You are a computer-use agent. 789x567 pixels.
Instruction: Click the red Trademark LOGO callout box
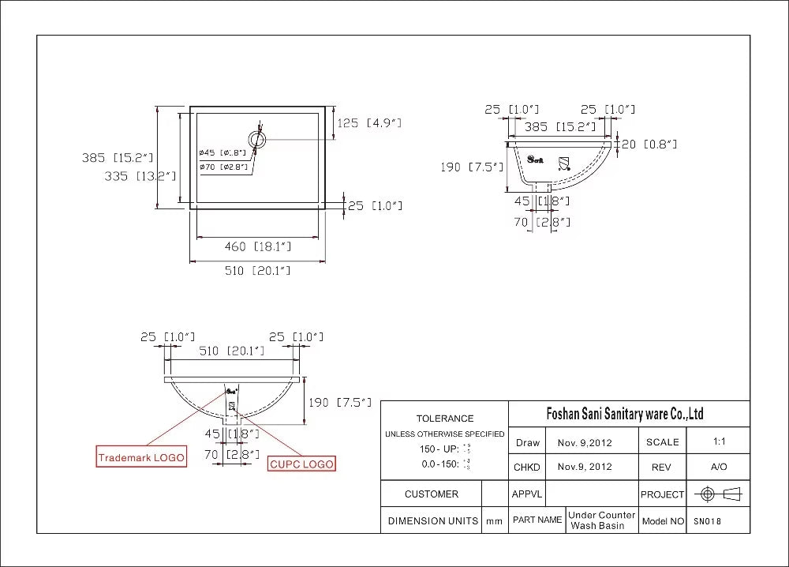tap(141, 457)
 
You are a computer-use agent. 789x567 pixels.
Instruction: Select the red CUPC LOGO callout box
tap(301, 464)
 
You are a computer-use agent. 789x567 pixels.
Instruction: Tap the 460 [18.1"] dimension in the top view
tap(258, 246)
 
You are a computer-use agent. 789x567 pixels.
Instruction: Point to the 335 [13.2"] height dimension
tap(140, 176)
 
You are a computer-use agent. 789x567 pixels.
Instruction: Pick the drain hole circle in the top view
tap(257, 140)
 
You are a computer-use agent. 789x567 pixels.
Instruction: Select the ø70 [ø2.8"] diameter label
tap(223, 167)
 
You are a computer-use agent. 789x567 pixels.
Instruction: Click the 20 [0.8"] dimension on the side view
tap(649, 144)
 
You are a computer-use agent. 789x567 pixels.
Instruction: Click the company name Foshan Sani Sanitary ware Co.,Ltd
tap(625, 414)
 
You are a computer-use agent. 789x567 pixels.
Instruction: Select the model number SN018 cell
tap(708, 521)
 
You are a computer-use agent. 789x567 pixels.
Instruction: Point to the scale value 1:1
tap(718, 441)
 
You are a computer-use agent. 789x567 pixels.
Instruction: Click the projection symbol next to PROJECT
tap(720, 494)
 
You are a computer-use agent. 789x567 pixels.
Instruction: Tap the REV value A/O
tap(718, 467)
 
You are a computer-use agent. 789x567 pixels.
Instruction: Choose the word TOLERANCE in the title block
tap(445, 419)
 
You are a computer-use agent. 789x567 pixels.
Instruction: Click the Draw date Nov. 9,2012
tap(585, 443)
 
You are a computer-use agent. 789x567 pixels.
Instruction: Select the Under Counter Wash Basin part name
tap(601, 520)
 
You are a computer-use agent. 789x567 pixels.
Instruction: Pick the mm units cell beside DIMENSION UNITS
tap(494, 521)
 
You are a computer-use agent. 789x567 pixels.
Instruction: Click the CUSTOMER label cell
tap(431, 494)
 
